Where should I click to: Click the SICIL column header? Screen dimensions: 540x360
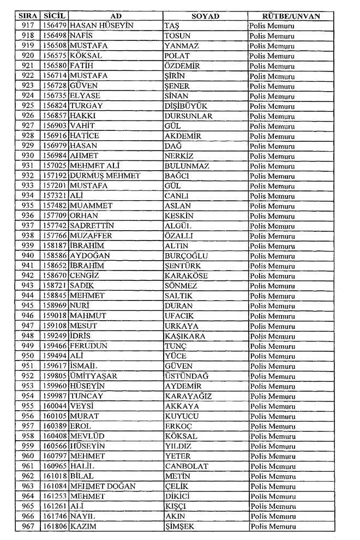point(55,16)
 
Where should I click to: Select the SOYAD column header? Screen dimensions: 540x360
point(205,16)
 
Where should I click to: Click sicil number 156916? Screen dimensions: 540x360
point(55,136)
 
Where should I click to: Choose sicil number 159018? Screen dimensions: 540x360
point(55,316)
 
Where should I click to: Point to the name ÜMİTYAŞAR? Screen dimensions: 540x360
point(94,376)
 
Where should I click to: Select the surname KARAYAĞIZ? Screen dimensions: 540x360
point(189,396)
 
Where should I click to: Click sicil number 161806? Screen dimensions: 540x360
point(55,526)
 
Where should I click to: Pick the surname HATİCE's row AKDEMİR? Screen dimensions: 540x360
point(183,136)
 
